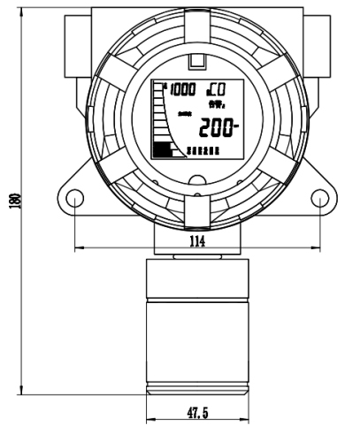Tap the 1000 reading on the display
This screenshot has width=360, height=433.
pyautogui.click(x=182, y=90)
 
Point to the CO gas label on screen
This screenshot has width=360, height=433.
pyautogui.click(x=215, y=89)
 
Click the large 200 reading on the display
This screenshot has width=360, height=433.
pyautogui.click(x=218, y=128)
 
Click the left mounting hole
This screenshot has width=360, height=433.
pyautogui.click(x=76, y=201)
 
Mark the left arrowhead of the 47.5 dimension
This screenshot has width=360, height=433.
pyautogui.click(x=148, y=420)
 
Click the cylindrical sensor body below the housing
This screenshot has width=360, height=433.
pyautogui.click(x=196, y=327)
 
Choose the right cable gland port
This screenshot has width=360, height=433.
pyautogui.click(x=321, y=35)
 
